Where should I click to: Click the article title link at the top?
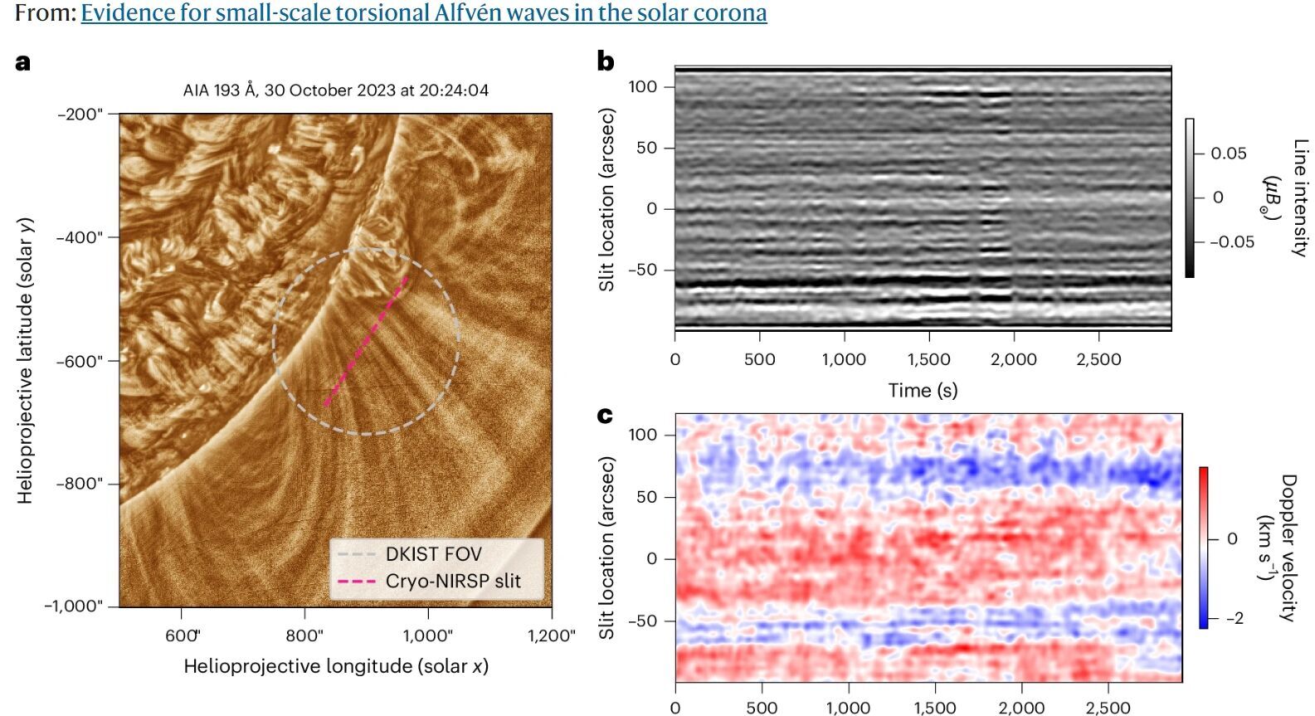pos(423,13)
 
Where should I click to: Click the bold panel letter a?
pos(23,62)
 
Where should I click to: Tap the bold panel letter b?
pos(606,61)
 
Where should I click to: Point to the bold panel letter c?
pos(605,414)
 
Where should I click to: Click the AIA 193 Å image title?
pos(335,90)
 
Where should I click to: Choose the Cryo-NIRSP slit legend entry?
pos(452,581)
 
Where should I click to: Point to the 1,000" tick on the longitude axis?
pos(427,636)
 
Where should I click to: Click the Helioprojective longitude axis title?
pos(335,666)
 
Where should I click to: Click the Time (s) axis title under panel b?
pos(923,390)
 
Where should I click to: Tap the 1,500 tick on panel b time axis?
pos(928,359)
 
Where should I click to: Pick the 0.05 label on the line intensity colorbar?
pos(1228,153)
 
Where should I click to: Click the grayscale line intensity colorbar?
pos(1190,197)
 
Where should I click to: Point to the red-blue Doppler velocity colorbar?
pos(1203,548)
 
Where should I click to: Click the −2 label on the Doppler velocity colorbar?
pos(1234,618)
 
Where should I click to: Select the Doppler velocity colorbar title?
pos(1275,548)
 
